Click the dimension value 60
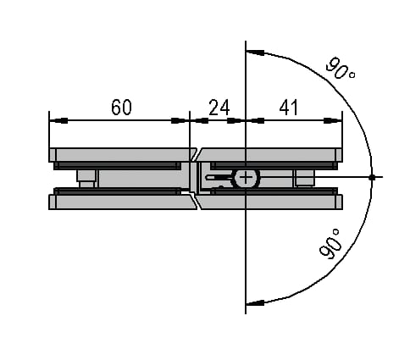click(x=121, y=107)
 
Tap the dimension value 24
click(x=219, y=108)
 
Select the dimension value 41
click(x=288, y=108)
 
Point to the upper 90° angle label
click(x=340, y=68)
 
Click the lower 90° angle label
click(x=330, y=244)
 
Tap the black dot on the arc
click(x=372, y=177)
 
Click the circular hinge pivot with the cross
click(x=246, y=178)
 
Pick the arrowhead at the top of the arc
click(x=255, y=53)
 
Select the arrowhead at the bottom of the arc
click(x=255, y=302)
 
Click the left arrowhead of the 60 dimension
click(x=58, y=120)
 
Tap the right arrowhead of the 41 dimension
click(x=333, y=120)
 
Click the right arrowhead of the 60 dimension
click(x=180, y=120)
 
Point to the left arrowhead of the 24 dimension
click(x=199, y=120)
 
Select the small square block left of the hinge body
click(x=87, y=178)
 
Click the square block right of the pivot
click(x=305, y=178)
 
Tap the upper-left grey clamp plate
click(x=121, y=155)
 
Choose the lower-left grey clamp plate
click(x=122, y=202)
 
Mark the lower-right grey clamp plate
click(x=270, y=202)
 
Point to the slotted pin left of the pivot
click(x=220, y=177)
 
